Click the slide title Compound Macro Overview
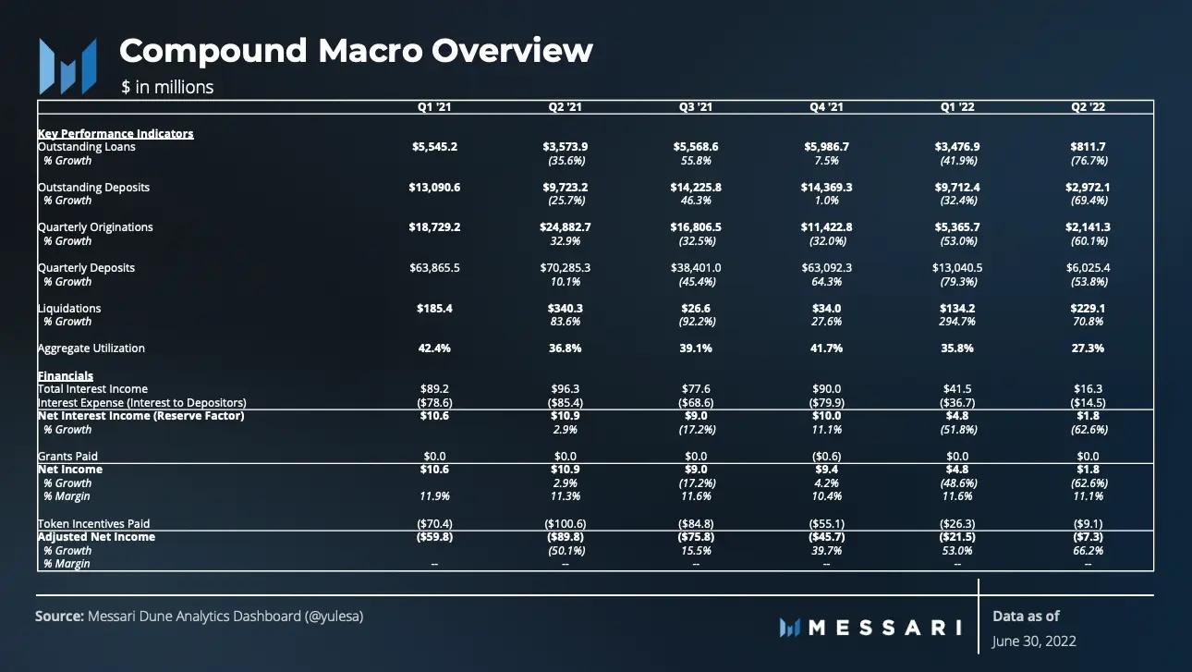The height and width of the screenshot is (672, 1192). tap(356, 51)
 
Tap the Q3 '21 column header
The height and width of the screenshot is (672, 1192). tap(696, 107)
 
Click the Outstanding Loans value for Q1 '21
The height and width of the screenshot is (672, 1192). tap(434, 147)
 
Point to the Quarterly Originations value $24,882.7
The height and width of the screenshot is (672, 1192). tap(566, 227)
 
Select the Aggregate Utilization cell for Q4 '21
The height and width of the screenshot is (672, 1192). tap(825, 348)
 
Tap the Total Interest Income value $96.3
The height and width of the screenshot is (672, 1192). tap(566, 389)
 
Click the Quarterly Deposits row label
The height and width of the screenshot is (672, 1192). tap(86, 268)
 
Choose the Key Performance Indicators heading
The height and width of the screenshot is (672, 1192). tap(116, 134)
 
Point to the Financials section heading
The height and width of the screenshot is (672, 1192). tap(66, 376)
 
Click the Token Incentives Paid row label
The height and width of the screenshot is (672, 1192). tap(93, 524)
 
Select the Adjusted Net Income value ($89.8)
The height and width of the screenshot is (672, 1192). tap(566, 537)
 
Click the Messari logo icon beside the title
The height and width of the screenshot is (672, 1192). tap(67, 67)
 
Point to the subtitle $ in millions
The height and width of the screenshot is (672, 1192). tap(167, 88)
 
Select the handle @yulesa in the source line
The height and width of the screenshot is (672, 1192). tap(334, 616)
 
